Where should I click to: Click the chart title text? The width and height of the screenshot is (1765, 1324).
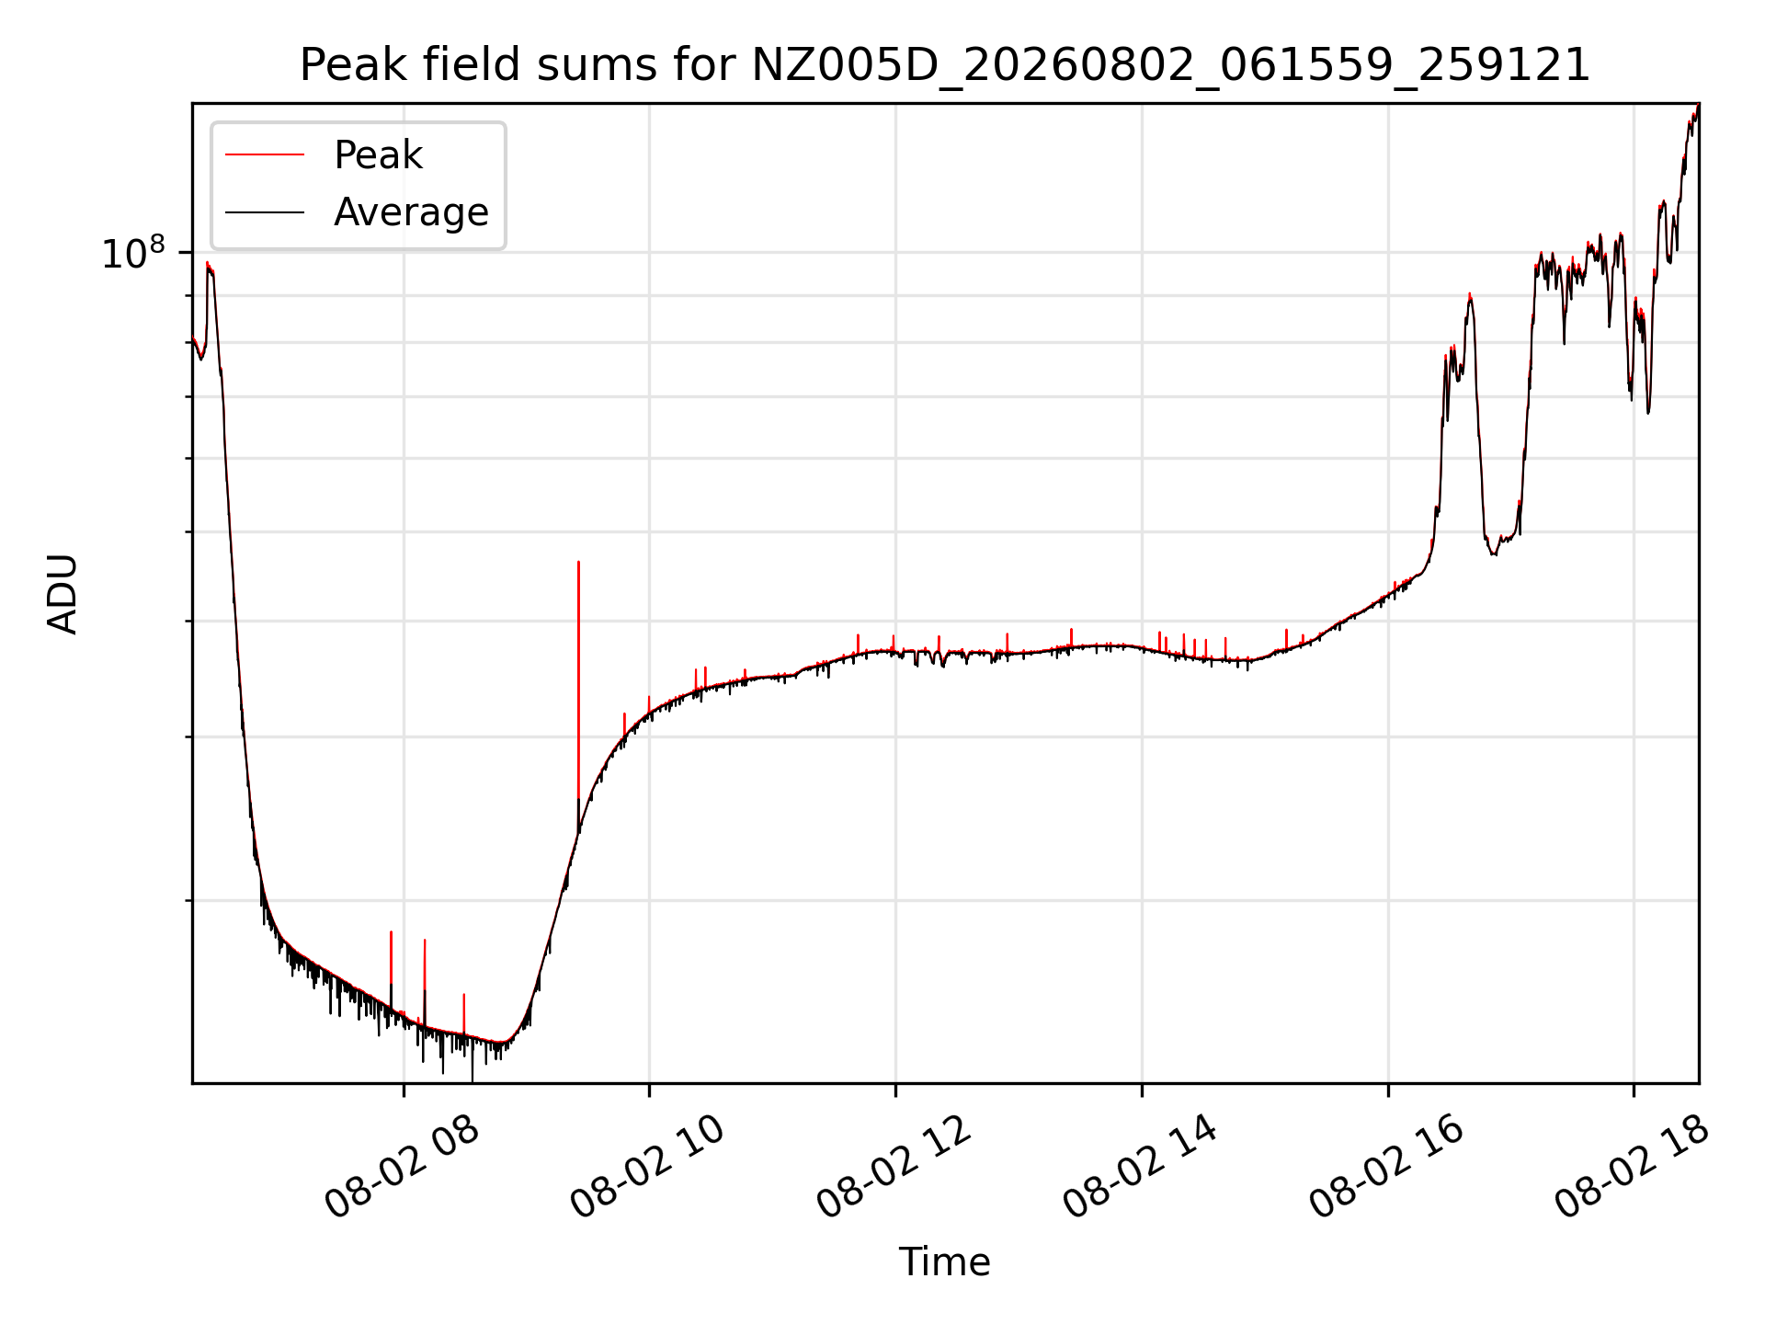click(x=945, y=65)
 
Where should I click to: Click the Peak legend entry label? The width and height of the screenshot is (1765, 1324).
click(x=378, y=155)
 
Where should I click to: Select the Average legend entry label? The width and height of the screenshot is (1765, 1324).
click(x=411, y=212)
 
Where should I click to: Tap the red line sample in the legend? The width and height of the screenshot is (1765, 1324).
click(x=265, y=154)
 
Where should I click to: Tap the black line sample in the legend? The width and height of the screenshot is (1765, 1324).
click(x=265, y=212)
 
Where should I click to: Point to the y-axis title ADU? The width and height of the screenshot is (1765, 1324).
click(x=63, y=594)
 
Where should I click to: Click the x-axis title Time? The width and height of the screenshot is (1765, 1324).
click(x=945, y=1261)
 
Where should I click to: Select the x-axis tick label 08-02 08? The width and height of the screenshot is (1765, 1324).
click(x=402, y=1167)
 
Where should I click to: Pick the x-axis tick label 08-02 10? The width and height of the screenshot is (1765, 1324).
click(x=648, y=1167)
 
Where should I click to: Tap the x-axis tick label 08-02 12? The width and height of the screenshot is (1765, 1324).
click(x=894, y=1167)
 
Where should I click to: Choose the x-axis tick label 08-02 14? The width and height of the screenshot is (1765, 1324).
click(x=1141, y=1167)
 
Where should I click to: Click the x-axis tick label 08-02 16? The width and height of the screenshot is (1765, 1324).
click(x=1387, y=1167)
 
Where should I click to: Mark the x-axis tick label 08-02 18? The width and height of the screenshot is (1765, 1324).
click(x=1633, y=1167)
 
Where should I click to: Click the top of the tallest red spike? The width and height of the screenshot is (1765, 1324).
click(x=578, y=562)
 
